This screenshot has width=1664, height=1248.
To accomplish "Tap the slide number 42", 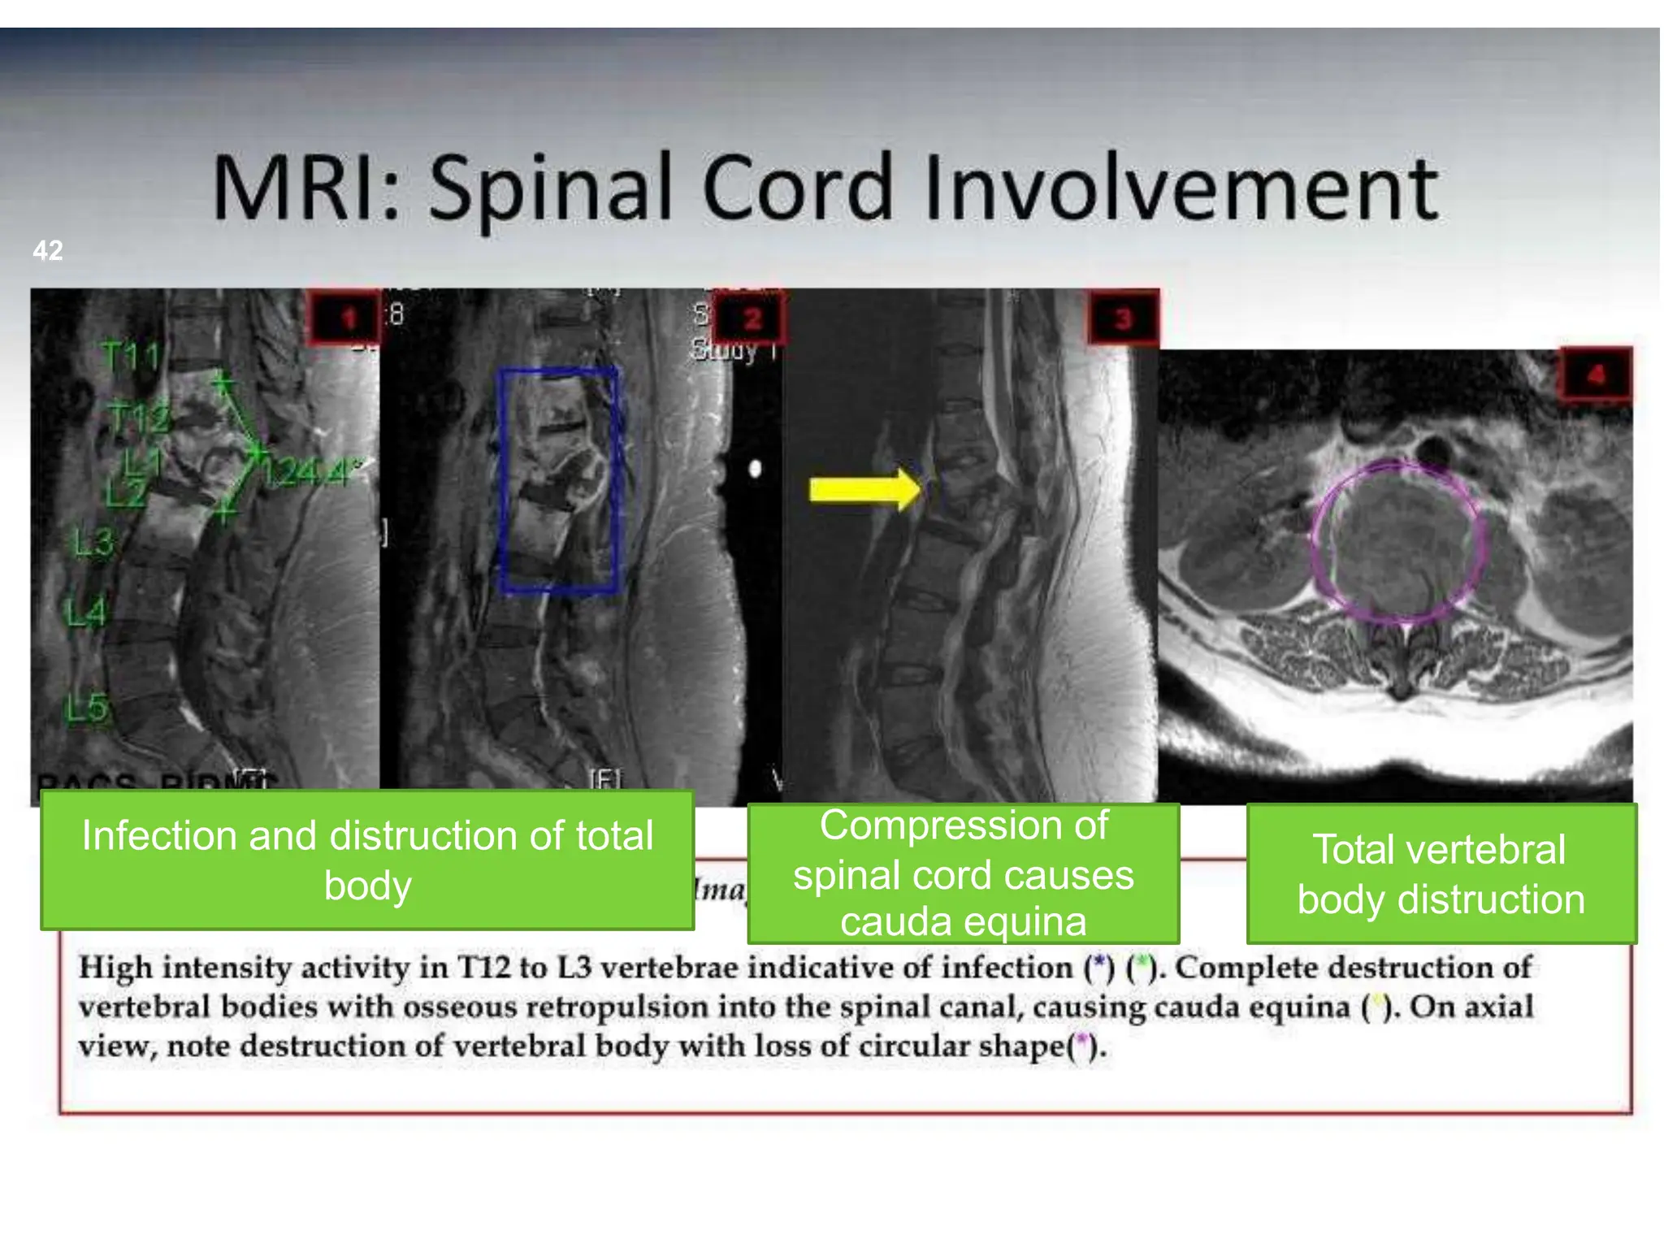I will pos(48,250).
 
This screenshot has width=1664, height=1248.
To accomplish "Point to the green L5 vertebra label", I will pos(86,708).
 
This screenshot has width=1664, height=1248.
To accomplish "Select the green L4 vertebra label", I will pos(86,612).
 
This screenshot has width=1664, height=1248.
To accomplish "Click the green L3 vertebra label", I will pos(93,542).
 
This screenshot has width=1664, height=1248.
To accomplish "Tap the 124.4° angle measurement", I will pos(309,472).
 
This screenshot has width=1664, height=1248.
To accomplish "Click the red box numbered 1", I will pos(345,318).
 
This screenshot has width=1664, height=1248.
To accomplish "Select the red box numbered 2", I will pos(752,318).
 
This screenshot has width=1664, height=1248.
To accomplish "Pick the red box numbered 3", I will pos(1123,318).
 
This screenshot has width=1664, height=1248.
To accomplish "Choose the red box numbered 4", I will pos(1596,375).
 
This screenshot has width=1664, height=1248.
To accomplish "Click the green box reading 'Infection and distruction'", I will pos(367,860).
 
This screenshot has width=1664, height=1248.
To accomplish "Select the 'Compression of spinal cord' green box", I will pos(963,873).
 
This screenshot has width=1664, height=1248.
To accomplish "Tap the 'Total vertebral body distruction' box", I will pos(1441,873).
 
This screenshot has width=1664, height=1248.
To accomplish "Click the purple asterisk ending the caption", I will pos(1081,1042).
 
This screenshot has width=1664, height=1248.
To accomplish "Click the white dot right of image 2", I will pos(755,469).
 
